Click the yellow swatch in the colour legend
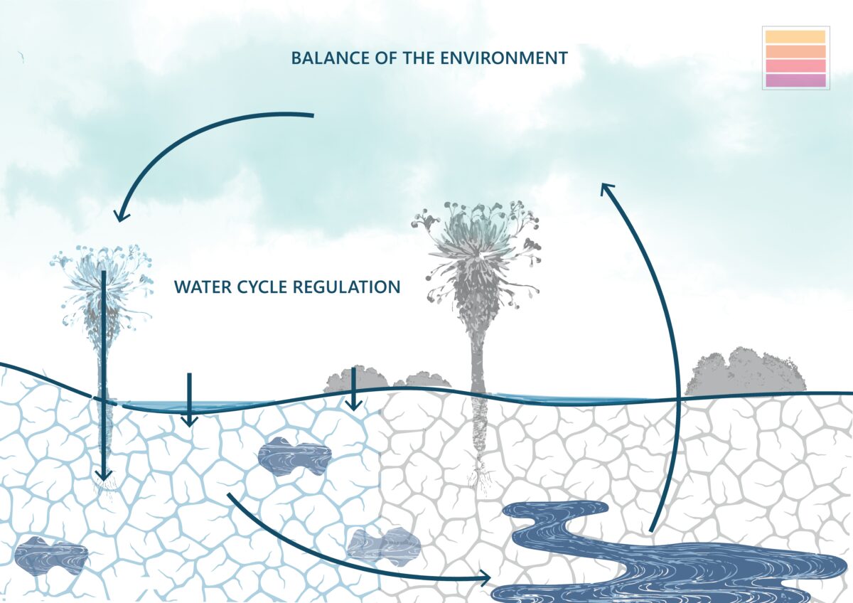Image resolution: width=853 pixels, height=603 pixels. [795, 37]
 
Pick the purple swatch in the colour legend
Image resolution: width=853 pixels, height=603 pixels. [795, 80]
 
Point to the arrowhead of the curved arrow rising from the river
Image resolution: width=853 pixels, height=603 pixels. [606, 189]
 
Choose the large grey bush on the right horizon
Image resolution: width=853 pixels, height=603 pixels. [745, 372]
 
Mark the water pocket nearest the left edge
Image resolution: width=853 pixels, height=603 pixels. [50, 554]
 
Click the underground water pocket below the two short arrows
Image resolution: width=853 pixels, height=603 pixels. [294, 456]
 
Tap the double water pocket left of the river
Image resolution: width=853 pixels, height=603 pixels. [384, 545]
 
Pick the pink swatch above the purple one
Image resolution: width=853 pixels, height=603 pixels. [795, 66]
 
